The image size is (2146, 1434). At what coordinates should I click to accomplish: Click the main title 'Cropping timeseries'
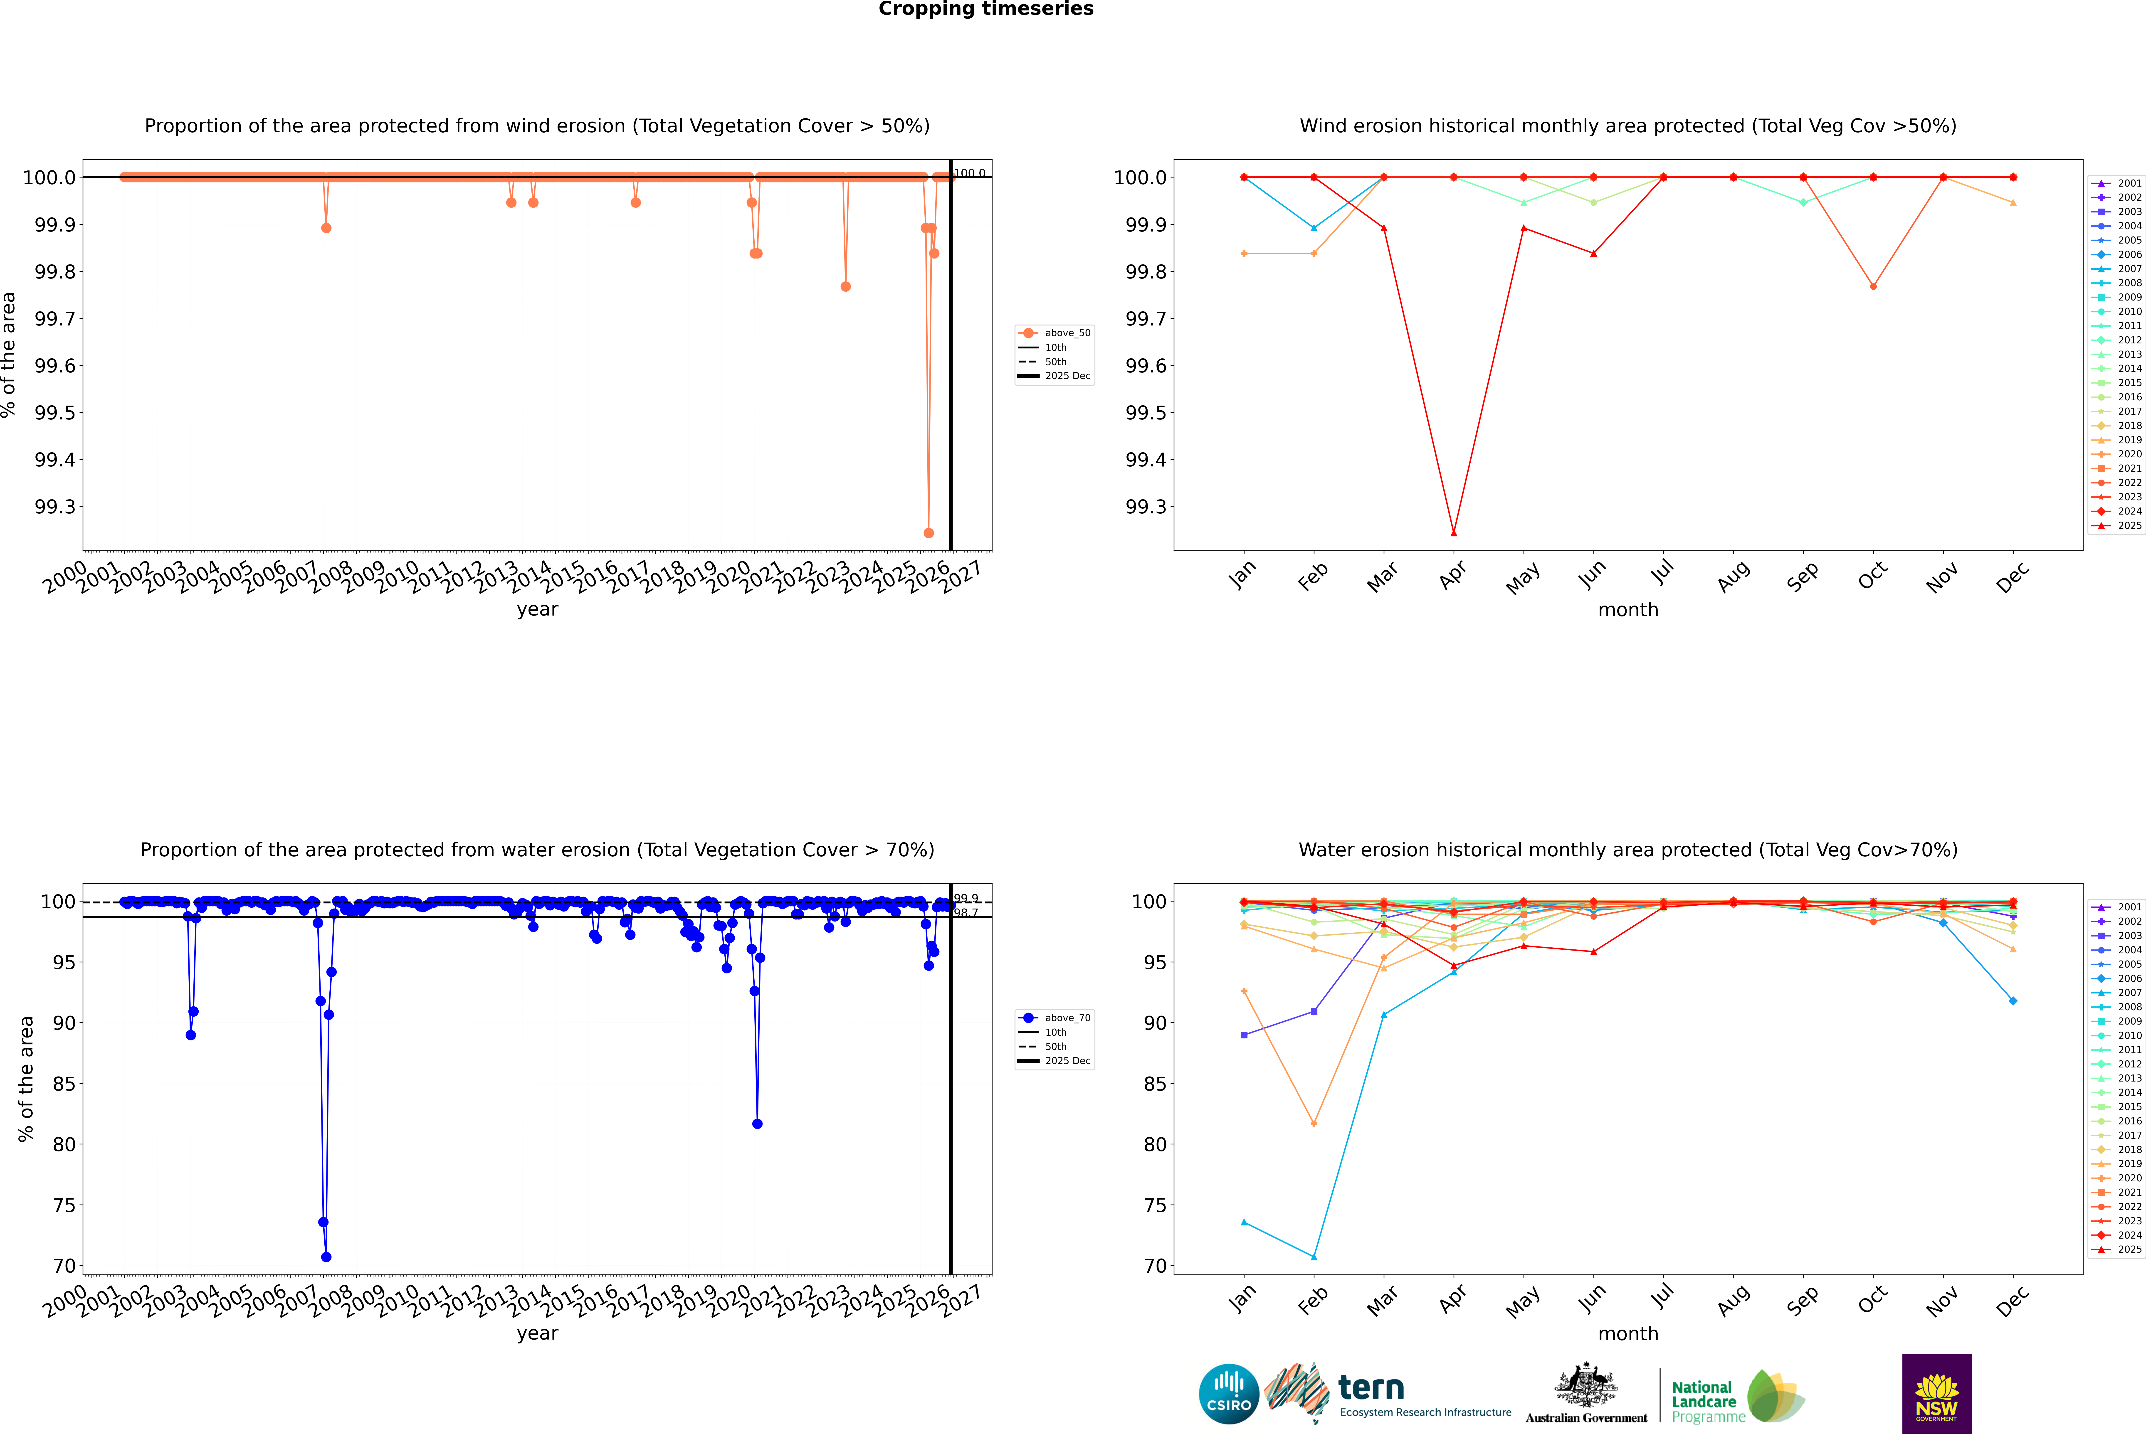(985, 9)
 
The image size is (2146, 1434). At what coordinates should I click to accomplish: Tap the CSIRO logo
(1229, 1394)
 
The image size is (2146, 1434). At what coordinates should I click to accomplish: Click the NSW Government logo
(1936, 1394)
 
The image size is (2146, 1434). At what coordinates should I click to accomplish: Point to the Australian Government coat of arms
(1585, 1385)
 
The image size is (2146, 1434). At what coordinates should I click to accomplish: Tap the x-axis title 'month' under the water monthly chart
(1627, 1333)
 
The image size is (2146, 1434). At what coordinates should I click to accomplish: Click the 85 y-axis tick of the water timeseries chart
(64, 1084)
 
